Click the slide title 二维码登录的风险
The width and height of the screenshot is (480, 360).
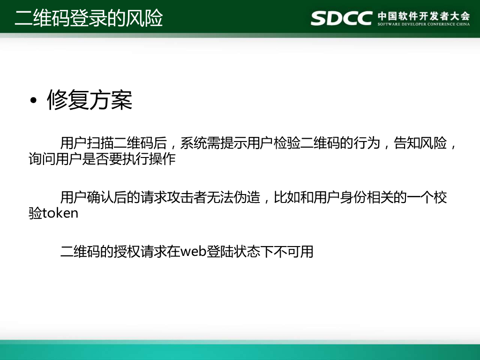click(x=89, y=19)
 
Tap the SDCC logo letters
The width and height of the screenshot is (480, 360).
click(x=342, y=18)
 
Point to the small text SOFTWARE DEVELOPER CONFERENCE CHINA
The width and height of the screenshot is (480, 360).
click(x=423, y=24)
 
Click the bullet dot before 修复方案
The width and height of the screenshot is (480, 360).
click(x=33, y=102)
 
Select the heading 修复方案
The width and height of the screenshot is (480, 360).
click(x=90, y=100)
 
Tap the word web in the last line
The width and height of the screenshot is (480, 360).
click(x=190, y=252)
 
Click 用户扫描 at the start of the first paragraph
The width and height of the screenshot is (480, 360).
click(x=87, y=143)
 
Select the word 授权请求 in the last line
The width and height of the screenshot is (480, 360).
click(x=140, y=252)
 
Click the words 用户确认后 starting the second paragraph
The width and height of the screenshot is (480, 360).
click(x=93, y=197)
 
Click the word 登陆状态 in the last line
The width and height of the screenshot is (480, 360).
click(x=227, y=252)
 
